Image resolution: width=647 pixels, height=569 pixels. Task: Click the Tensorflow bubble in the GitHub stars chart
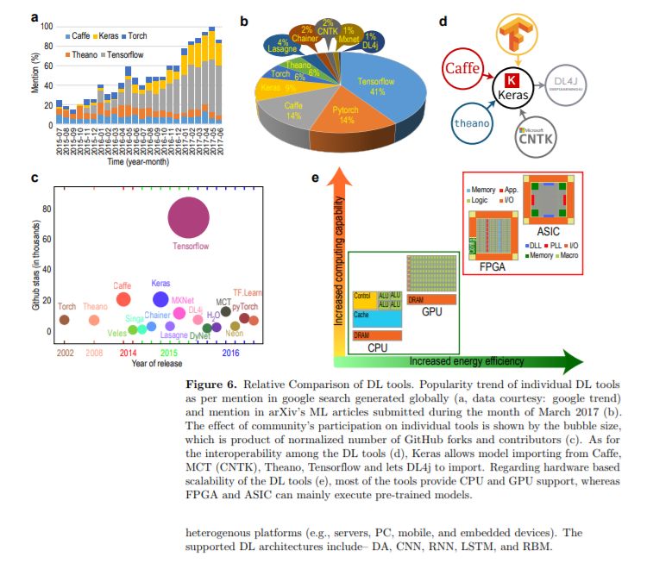pyautogui.click(x=188, y=217)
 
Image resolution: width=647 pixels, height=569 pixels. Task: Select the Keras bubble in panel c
pyautogui.click(x=160, y=299)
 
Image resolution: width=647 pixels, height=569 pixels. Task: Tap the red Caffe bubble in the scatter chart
pyautogui.click(x=123, y=299)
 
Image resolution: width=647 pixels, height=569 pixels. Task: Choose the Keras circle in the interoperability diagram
pyautogui.click(x=516, y=89)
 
